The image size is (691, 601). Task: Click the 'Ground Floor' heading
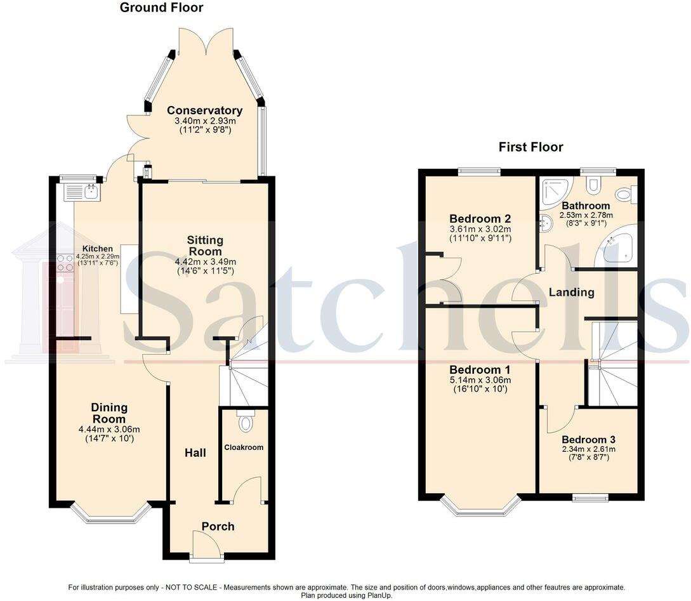(x=162, y=8)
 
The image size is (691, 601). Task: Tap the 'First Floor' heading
(x=530, y=147)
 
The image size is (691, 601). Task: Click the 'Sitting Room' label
(x=205, y=246)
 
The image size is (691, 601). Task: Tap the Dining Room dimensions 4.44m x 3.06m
(x=109, y=429)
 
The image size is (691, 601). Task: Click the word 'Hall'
(x=195, y=452)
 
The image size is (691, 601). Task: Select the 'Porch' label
(x=218, y=526)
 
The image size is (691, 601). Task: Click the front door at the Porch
(x=207, y=546)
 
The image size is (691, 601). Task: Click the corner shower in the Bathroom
(x=555, y=192)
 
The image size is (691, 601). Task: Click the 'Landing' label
(x=571, y=293)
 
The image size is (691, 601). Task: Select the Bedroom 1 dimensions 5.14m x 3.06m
(x=480, y=380)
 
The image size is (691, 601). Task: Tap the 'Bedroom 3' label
(x=588, y=439)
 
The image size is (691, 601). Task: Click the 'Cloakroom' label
(x=244, y=447)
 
